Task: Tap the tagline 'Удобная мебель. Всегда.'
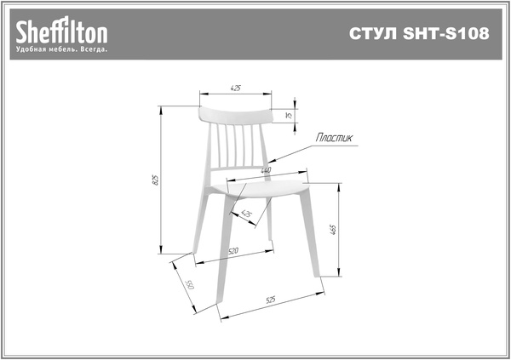pos(61,49)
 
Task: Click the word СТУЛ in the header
pos(374,33)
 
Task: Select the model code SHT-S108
pos(446,33)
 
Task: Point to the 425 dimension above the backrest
pos(235,88)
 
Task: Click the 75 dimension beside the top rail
pos(289,116)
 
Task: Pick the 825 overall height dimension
pos(156,180)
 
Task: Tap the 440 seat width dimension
pos(266,170)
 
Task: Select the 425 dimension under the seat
pos(246,214)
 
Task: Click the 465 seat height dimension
pos(333,229)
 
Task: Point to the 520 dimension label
pos(233,251)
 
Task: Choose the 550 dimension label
pos(190,284)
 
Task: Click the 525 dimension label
pos(271,300)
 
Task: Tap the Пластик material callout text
pos(334,138)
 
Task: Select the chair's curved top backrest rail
pos(235,116)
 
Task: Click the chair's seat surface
pos(261,189)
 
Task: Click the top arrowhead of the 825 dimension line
pos(160,110)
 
